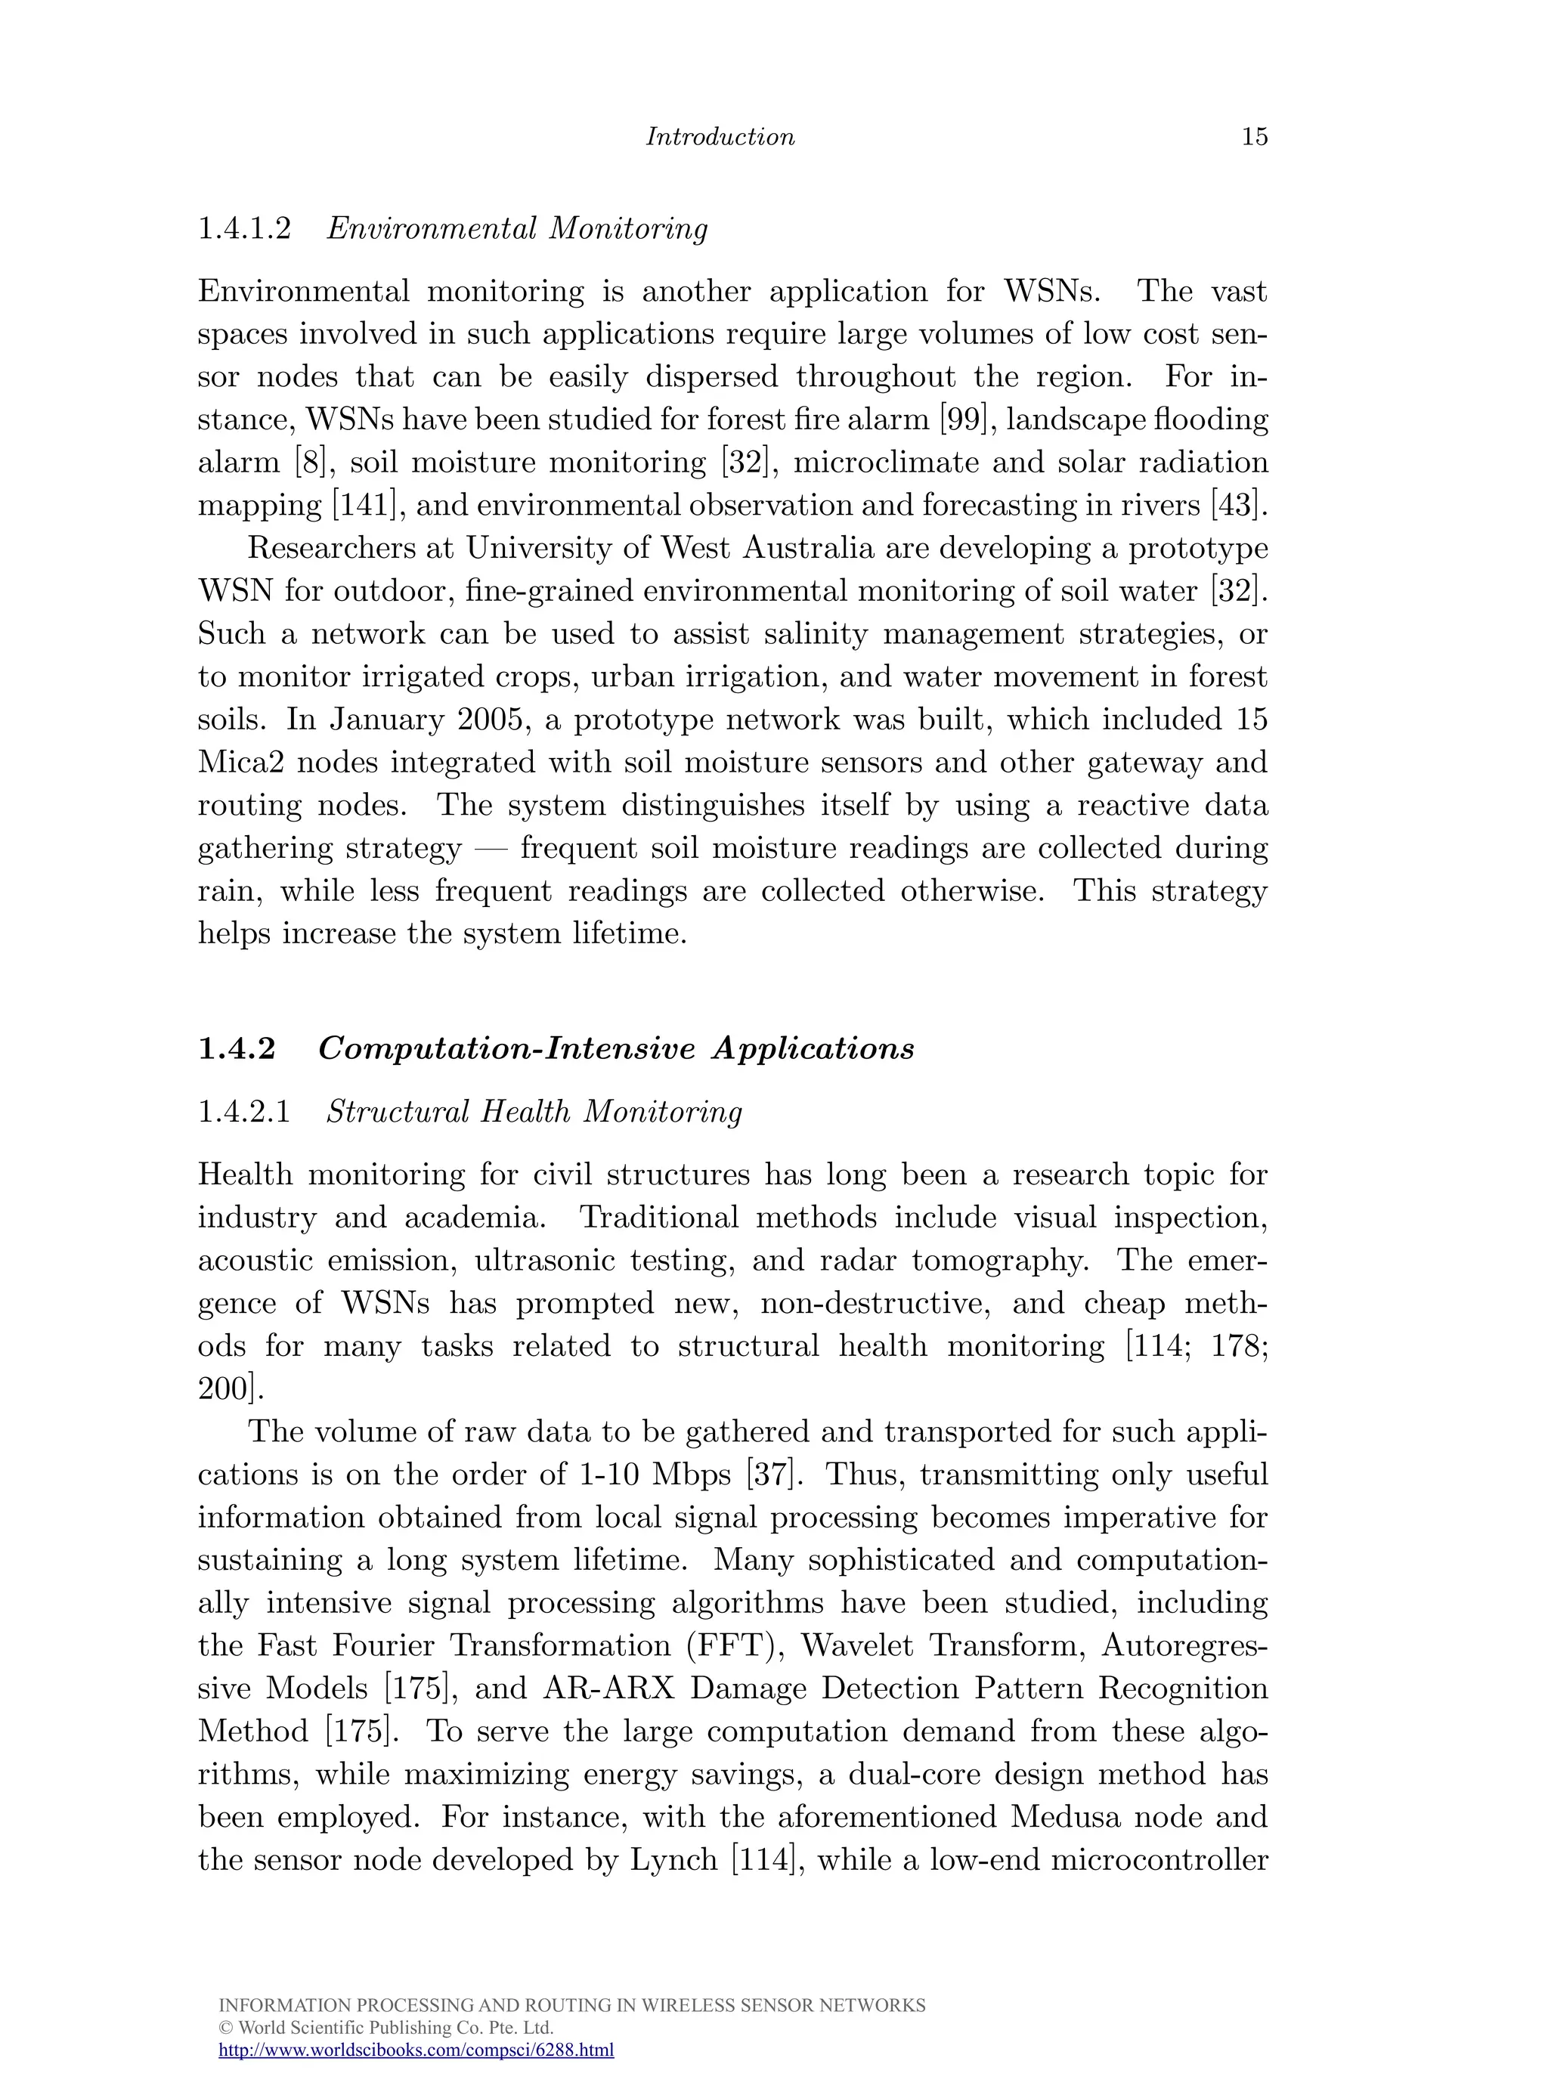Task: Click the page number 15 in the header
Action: (x=1254, y=137)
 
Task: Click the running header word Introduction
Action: (x=720, y=137)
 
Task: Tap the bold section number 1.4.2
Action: (x=237, y=1048)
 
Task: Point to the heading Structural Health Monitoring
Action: (x=534, y=1113)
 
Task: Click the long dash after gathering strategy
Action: (x=491, y=849)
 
